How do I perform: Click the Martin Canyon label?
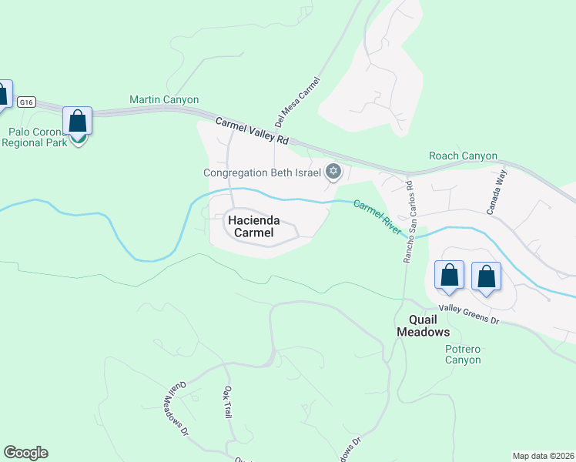(x=164, y=100)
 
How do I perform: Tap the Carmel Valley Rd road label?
(x=251, y=131)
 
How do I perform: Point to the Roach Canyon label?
(x=463, y=156)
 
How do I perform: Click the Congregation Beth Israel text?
(x=262, y=172)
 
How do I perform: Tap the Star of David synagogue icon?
(x=333, y=171)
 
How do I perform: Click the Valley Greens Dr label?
(x=470, y=314)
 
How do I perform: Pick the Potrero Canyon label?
(x=463, y=354)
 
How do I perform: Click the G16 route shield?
(x=27, y=102)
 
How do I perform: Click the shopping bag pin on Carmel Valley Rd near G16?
(x=77, y=122)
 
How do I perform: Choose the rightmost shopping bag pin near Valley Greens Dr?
(x=486, y=277)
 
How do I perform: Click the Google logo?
(x=25, y=453)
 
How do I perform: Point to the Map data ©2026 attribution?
(x=544, y=455)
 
